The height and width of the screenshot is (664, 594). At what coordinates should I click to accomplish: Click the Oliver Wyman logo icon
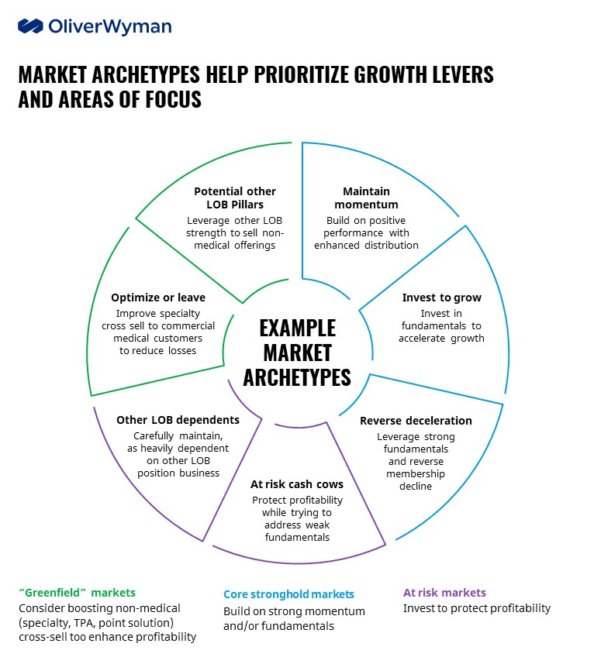(30, 26)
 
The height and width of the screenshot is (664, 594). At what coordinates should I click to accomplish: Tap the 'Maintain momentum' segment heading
(366, 198)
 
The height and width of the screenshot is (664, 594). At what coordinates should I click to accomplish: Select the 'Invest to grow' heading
(441, 298)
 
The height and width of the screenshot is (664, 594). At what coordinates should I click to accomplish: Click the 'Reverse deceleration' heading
(416, 421)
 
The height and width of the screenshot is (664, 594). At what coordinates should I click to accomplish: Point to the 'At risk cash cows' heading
(297, 484)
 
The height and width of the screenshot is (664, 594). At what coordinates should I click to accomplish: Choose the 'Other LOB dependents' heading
(178, 420)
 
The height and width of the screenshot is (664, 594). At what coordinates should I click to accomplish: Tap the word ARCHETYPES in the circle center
(297, 377)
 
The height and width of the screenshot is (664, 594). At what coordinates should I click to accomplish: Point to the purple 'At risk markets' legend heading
(444, 593)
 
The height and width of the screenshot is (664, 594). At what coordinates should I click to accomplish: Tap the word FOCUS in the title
(174, 99)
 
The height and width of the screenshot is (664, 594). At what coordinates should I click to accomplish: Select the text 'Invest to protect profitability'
(476, 608)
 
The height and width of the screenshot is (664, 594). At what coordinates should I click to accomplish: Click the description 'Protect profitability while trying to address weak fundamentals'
(297, 518)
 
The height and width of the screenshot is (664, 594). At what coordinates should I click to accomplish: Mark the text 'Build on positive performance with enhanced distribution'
(366, 232)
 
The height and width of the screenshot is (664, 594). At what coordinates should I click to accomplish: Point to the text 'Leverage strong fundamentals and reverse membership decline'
(416, 461)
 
